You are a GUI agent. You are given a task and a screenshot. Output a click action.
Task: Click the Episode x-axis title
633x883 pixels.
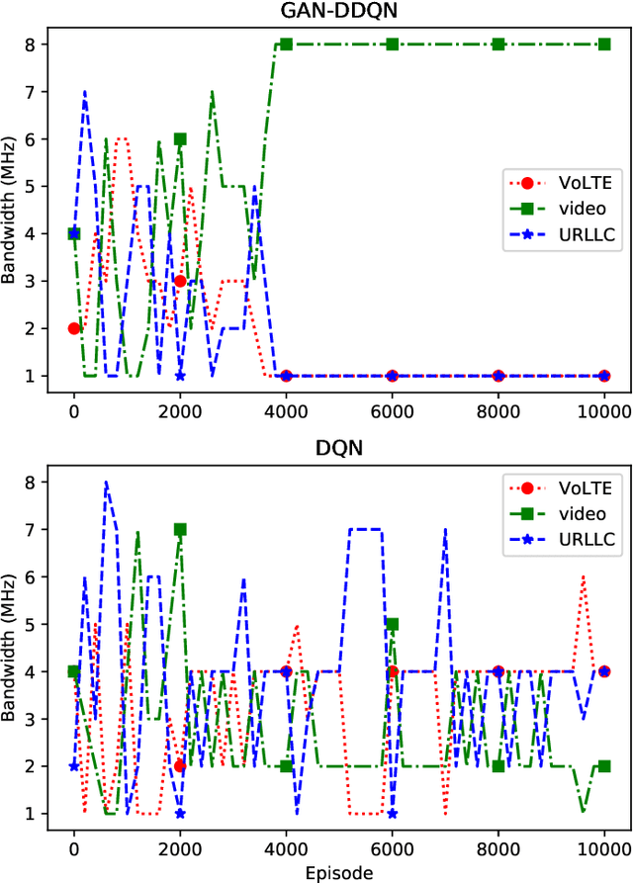pyautogui.click(x=339, y=873)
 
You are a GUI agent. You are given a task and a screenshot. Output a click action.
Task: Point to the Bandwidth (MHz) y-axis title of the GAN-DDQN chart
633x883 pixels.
pyautogui.click(x=10, y=210)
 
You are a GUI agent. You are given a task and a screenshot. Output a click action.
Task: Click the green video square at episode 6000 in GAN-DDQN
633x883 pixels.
pyautogui.click(x=393, y=44)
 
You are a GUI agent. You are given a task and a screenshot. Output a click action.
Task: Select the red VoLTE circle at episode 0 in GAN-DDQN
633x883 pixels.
pyautogui.click(x=74, y=328)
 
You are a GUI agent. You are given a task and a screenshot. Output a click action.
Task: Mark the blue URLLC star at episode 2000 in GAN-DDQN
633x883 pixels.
pyautogui.click(x=180, y=376)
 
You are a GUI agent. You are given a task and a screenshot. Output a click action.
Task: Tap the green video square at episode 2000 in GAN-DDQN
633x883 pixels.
pyautogui.click(x=180, y=139)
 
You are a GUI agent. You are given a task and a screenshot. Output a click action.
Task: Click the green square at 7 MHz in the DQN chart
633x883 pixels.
pyautogui.click(x=180, y=529)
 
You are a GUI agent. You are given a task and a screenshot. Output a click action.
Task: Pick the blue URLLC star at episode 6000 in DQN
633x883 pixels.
pyautogui.click(x=393, y=814)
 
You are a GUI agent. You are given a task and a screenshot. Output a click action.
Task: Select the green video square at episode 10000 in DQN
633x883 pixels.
pyautogui.click(x=604, y=766)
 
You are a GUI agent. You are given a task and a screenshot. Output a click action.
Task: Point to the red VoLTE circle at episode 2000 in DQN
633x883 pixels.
pyautogui.click(x=180, y=766)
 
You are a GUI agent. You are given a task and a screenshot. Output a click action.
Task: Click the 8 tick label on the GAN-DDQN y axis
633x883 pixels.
pyautogui.click(x=30, y=44)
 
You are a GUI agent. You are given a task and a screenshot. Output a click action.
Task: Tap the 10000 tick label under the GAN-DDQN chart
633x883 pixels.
pyautogui.click(x=604, y=410)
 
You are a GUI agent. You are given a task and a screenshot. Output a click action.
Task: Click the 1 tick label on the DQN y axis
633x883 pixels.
pyautogui.click(x=30, y=814)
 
